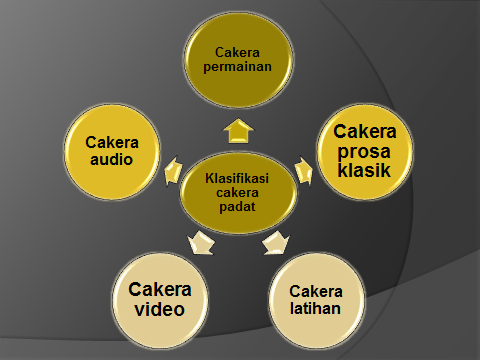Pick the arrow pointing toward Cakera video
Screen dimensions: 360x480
(x=198, y=241)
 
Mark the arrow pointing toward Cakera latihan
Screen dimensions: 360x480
(x=275, y=241)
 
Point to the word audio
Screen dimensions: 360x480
(x=109, y=158)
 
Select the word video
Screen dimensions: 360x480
(x=160, y=308)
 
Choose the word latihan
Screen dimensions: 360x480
(x=316, y=308)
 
